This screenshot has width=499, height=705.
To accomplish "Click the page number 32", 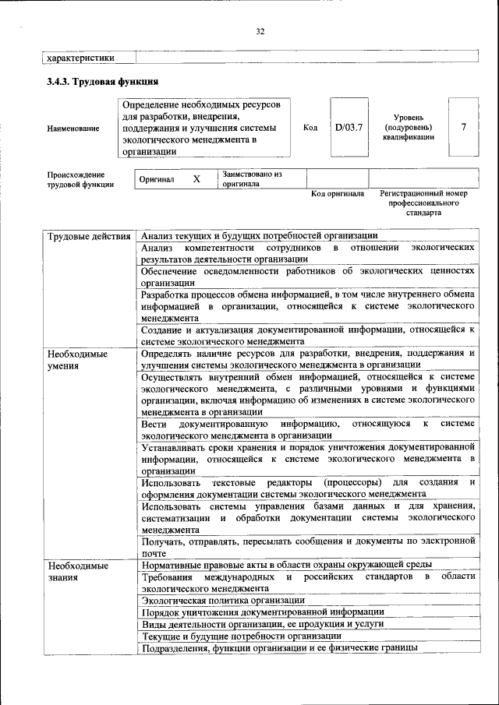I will click(x=260, y=31).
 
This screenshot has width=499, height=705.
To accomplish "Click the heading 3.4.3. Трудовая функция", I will click(x=103, y=81).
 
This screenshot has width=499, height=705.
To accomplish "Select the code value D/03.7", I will click(x=349, y=127).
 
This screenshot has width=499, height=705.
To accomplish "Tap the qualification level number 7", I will click(x=464, y=127).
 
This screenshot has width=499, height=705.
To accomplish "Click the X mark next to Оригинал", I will click(x=196, y=179).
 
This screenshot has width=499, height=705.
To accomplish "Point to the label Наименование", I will click(x=73, y=128).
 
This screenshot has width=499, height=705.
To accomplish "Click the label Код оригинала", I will click(x=337, y=193).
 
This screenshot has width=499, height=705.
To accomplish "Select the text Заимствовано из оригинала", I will click(x=251, y=179).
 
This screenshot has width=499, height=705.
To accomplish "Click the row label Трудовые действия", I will click(x=88, y=236).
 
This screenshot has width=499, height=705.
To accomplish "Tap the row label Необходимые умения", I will click(x=77, y=359).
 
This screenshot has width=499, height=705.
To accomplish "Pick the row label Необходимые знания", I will click(x=77, y=571).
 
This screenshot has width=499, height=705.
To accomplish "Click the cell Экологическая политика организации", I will click(x=223, y=601).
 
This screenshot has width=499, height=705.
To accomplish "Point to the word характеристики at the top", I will click(x=81, y=57).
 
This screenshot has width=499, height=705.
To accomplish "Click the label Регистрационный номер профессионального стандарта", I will click(x=423, y=203).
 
